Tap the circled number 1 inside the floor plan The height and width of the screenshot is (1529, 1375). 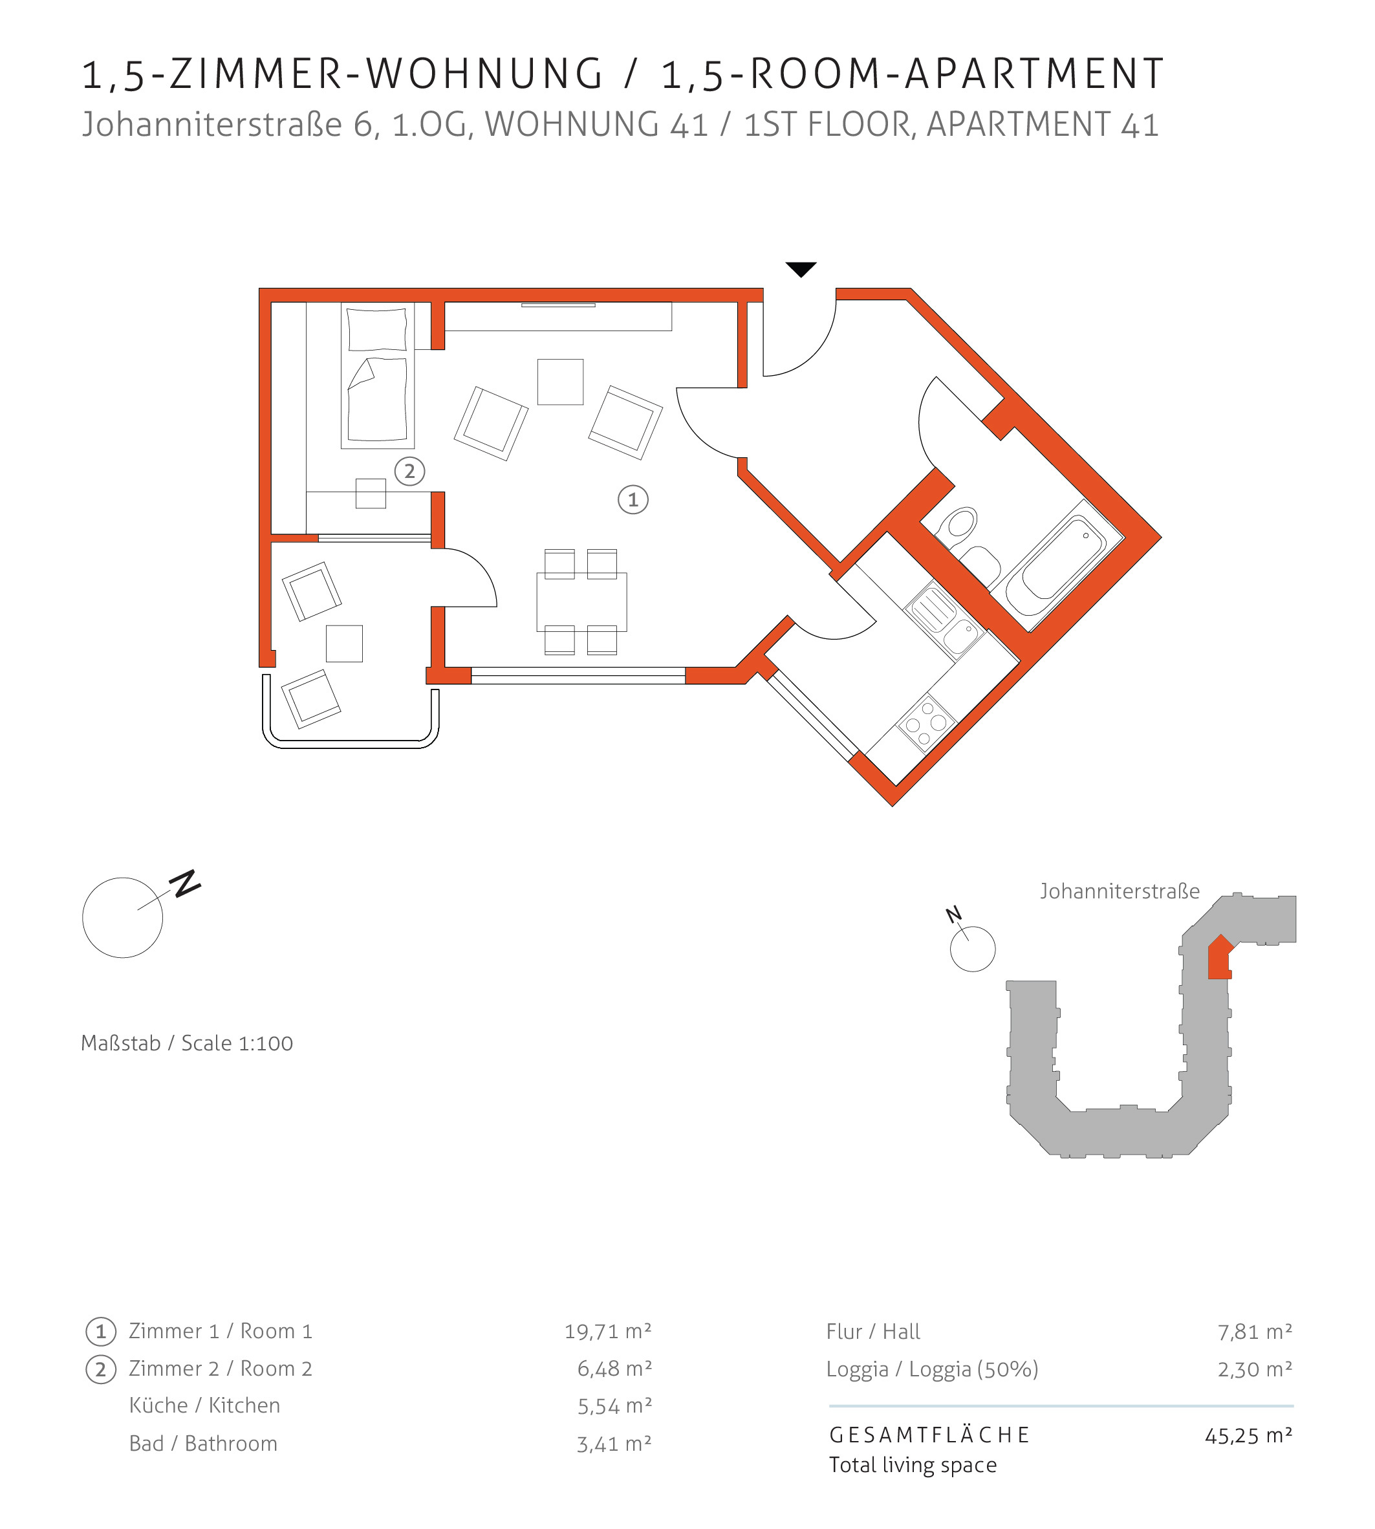(x=633, y=499)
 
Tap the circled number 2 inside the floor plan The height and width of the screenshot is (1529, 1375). (x=409, y=472)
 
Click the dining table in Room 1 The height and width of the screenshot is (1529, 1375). (x=581, y=602)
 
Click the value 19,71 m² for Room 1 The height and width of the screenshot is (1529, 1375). (x=608, y=1331)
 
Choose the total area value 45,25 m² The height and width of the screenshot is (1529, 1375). (x=1248, y=1435)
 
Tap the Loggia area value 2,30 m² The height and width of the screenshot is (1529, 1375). (x=1255, y=1369)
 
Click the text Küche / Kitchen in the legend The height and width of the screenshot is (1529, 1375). (x=205, y=1405)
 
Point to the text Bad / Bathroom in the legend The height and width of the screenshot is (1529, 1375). (x=203, y=1443)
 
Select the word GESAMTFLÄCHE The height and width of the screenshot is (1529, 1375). (x=929, y=1435)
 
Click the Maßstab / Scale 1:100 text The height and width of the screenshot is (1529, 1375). (x=187, y=1043)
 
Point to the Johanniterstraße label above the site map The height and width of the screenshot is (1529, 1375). (x=1120, y=891)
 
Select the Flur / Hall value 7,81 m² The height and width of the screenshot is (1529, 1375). (x=1255, y=1331)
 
